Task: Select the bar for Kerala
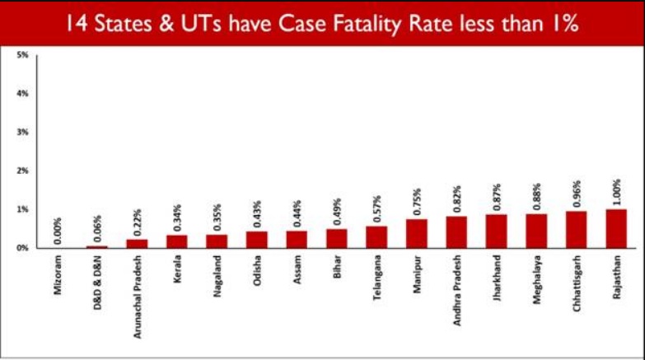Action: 176,241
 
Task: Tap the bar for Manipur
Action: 417,233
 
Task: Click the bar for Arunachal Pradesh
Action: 137,243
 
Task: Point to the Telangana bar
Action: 376,236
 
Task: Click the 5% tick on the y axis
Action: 23,54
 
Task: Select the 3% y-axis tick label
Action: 23,132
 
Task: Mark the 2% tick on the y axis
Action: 23,171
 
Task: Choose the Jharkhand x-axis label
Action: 497,281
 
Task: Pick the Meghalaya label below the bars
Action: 537,282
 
